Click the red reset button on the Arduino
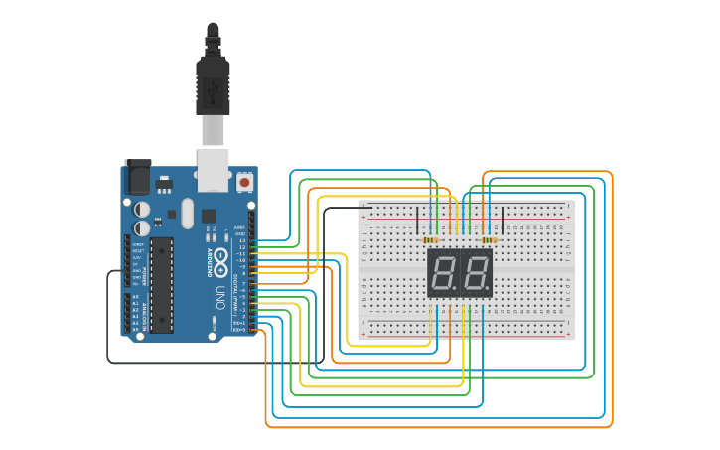[244, 183]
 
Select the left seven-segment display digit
[443, 273]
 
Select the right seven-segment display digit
[476, 273]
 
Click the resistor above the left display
[431, 240]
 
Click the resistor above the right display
[488, 240]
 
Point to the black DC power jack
[137, 178]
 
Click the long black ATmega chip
[161, 284]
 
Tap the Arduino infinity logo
[220, 261]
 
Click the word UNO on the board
[219, 295]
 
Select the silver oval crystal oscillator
[188, 212]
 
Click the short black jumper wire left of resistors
[417, 221]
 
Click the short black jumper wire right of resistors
[503, 221]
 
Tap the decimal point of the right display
[489, 292]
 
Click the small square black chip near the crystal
[209, 216]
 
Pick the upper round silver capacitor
[143, 209]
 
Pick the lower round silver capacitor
[143, 227]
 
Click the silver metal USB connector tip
[213, 130]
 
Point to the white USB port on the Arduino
[214, 169]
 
